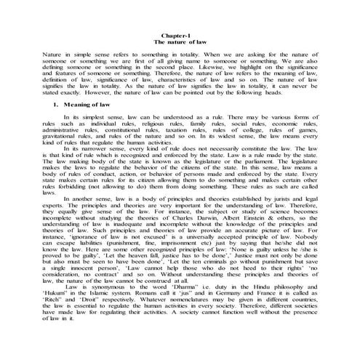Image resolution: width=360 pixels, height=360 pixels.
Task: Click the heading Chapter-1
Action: pyautogui.click(x=179, y=36)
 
